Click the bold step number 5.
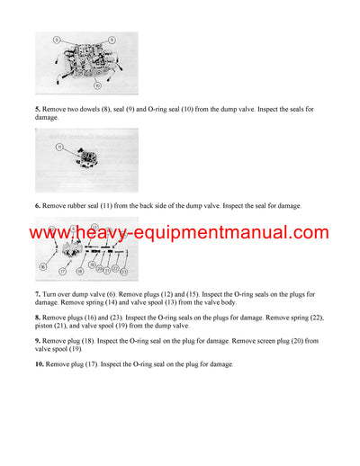tap(39, 109)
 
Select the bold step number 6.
tap(39, 206)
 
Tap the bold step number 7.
tap(39, 294)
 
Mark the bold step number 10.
tap(40, 364)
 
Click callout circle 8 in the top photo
tap(56, 40)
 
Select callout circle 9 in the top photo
tap(112, 40)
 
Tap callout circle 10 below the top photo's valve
tap(95, 86)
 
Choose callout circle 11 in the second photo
tap(60, 146)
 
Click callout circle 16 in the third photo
tap(42, 267)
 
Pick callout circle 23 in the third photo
tap(125, 271)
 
